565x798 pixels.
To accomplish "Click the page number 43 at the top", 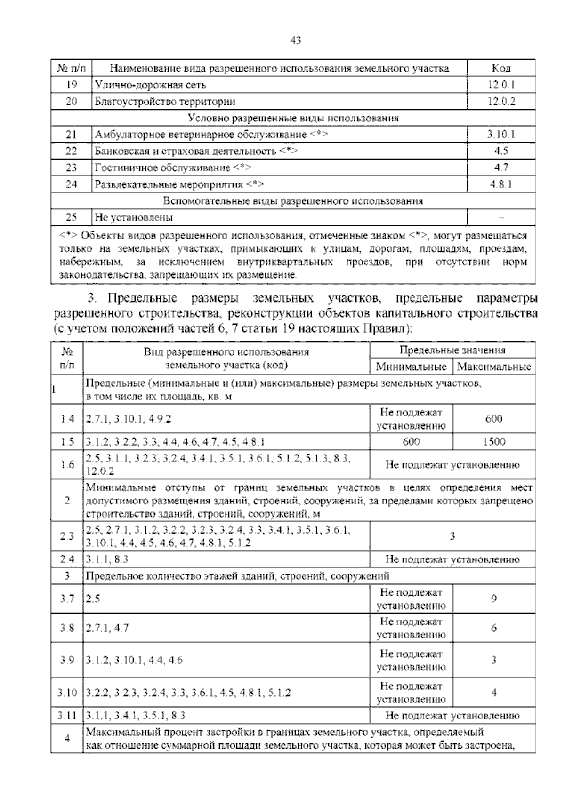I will (x=295, y=40).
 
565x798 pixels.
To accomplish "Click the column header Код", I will (x=501, y=69).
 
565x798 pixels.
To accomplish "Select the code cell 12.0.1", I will (x=501, y=85).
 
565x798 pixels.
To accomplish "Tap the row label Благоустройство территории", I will (x=165, y=102).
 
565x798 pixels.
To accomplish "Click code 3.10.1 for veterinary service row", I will (x=501, y=135).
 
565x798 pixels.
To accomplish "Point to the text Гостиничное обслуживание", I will (x=163, y=168).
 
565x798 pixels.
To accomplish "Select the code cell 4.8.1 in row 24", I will (x=501, y=184).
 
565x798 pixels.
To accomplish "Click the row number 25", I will (x=71, y=217).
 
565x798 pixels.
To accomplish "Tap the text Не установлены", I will (x=134, y=217).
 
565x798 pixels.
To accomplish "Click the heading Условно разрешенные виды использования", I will (x=293, y=118).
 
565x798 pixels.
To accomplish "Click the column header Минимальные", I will (x=411, y=367).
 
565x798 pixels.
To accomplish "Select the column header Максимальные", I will (x=494, y=367).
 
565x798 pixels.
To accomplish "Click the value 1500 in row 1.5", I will (x=494, y=441).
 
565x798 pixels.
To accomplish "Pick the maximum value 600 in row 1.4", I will (x=494, y=419).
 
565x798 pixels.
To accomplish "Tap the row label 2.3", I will (x=67, y=536).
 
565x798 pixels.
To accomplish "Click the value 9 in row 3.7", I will (x=494, y=599).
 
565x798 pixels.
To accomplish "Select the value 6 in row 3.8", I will (x=494, y=628).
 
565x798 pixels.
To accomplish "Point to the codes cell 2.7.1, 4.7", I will (x=107, y=628).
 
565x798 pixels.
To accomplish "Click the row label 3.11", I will (x=67, y=716).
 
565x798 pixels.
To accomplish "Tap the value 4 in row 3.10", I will (x=494, y=693).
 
